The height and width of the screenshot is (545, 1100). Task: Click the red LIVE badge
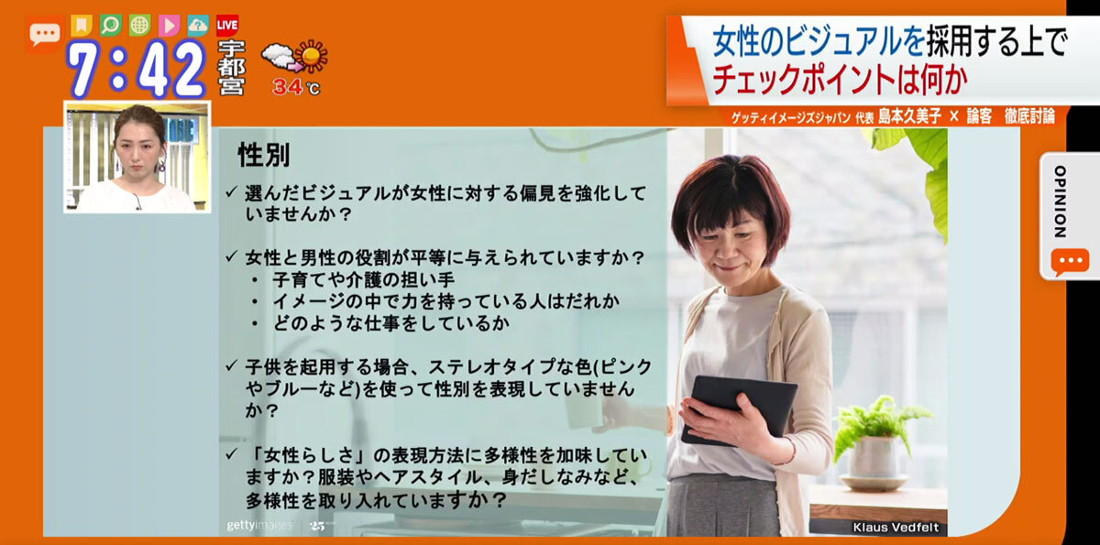pyautogui.click(x=227, y=26)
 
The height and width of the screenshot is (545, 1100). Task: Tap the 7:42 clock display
pyautogui.click(x=137, y=69)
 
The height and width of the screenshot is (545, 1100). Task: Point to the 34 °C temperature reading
pyautogui.click(x=296, y=87)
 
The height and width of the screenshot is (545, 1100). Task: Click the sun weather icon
pyautogui.click(x=312, y=56)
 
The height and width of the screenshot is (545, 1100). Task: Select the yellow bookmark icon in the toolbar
pyautogui.click(x=82, y=26)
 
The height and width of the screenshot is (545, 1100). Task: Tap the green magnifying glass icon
pyautogui.click(x=111, y=26)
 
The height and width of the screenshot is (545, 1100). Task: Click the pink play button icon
pyautogui.click(x=169, y=26)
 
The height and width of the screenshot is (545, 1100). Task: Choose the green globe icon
pyautogui.click(x=140, y=26)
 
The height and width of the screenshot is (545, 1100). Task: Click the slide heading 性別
pyautogui.click(x=264, y=155)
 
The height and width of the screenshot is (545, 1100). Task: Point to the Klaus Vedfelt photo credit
pyautogui.click(x=896, y=528)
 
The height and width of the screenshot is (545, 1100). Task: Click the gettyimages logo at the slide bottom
pyautogui.click(x=259, y=526)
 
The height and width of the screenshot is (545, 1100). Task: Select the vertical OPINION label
pyautogui.click(x=1060, y=202)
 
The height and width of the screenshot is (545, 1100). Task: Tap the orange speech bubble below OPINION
pyautogui.click(x=1070, y=262)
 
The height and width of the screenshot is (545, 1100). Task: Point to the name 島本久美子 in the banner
pyautogui.click(x=909, y=116)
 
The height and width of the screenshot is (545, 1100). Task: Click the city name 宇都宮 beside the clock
pyautogui.click(x=231, y=68)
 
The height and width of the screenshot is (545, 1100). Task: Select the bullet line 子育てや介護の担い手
pyautogui.click(x=364, y=279)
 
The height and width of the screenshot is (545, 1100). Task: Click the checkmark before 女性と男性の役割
pyautogui.click(x=231, y=256)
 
